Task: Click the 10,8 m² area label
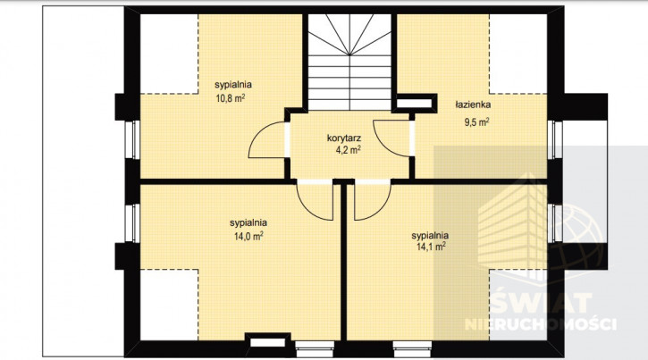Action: pos(231,98)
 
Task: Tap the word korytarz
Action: pos(344,138)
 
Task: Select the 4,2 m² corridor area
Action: pos(348,149)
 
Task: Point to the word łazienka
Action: pos(473,105)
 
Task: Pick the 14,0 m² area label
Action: pos(248,237)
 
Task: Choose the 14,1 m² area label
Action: pos(431,247)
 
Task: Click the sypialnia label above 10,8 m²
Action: pos(233,85)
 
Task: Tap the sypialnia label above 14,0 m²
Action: pos(248,223)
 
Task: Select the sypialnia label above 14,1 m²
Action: pos(430,235)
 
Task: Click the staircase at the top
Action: pos(350,62)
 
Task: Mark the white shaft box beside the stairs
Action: pos(415,104)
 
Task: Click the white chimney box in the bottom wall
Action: pos(268,342)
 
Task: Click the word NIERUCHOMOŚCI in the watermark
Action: pos(541,324)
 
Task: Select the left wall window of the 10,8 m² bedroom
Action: pos(132,139)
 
